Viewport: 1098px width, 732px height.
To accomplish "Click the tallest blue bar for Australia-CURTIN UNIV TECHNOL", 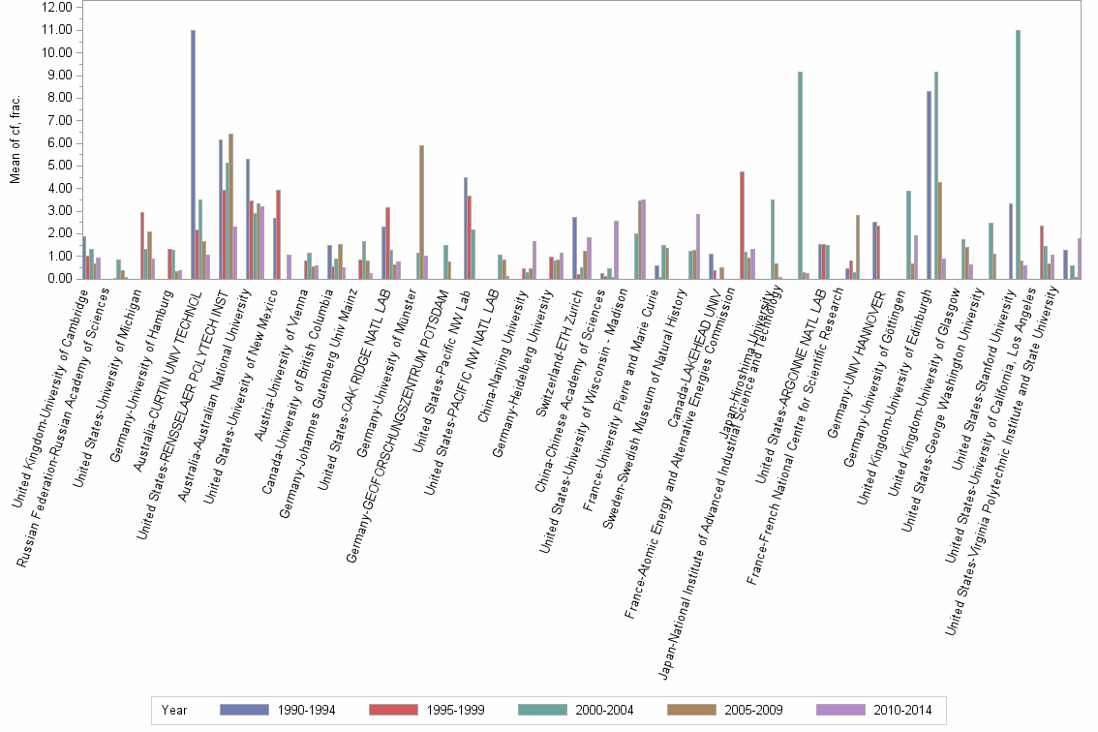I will pyautogui.click(x=193, y=155).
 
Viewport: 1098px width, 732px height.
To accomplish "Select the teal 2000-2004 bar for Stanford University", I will pyautogui.click(x=1018, y=155).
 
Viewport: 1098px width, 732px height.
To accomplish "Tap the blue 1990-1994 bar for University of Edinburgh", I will pyautogui.click(x=930, y=185).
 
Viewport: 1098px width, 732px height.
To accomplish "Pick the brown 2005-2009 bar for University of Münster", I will pyautogui.click(x=422, y=212).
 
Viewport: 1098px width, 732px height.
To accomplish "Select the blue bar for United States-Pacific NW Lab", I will pyautogui.click(x=466, y=229).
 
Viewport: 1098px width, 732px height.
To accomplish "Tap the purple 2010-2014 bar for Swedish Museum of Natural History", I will pyautogui.click(x=698, y=247).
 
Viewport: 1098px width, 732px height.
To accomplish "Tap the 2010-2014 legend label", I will pyautogui.click(x=901, y=711).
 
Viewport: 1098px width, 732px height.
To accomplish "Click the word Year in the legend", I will pyautogui.click(x=174, y=711).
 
